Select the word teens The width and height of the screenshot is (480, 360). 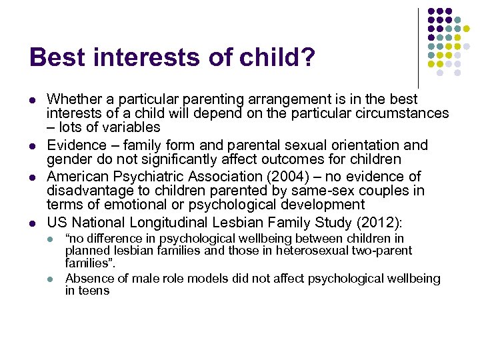click(94, 291)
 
